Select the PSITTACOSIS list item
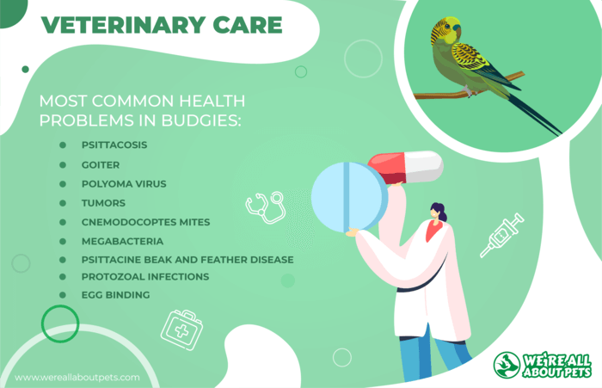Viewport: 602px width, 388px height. point(114,145)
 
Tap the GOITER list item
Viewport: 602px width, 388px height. point(101,165)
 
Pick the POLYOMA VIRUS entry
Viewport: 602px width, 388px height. point(124,184)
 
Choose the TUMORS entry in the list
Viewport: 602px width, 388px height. point(104,203)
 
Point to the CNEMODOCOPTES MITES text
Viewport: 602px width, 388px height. point(146,222)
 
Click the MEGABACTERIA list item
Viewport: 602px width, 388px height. point(122,241)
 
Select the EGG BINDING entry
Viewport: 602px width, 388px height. point(115,295)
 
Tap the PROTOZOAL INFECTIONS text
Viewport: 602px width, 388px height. point(145,277)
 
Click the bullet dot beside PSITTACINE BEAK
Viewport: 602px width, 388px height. point(63,260)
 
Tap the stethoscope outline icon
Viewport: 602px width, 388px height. point(266,207)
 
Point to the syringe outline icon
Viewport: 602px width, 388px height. point(501,235)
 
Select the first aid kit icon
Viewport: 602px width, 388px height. point(181,330)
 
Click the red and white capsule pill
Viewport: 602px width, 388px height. point(406,167)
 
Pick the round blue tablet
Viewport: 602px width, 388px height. point(349,197)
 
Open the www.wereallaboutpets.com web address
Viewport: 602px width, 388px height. point(77,378)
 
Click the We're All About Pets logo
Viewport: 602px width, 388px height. point(542,365)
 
